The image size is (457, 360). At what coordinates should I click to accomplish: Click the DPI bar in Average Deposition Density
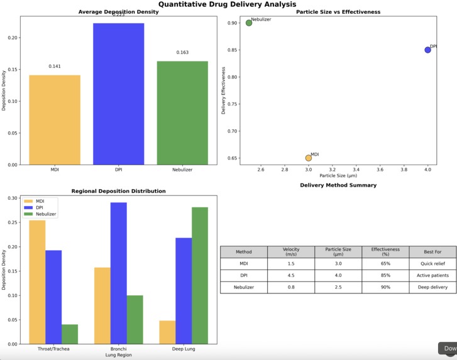[119, 94]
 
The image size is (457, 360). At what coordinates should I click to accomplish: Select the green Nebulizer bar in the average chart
[182, 113]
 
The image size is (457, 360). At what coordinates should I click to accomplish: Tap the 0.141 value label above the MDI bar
[55, 66]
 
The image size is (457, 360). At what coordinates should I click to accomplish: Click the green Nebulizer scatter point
[249, 23]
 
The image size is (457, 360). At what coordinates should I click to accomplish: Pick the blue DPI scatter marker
[427, 50]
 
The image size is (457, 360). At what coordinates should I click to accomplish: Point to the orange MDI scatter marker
[308, 158]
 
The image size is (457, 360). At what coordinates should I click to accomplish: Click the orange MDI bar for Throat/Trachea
[37, 282]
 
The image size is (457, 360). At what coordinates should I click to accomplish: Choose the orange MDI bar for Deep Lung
[167, 332]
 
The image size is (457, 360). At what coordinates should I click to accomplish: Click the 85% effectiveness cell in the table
[385, 276]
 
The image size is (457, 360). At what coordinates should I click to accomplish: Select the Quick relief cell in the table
[433, 264]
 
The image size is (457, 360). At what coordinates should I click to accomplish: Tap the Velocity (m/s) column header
[291, 252]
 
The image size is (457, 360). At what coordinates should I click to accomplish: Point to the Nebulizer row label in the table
[243, 287]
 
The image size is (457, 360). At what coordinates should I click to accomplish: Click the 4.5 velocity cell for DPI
[291, 276]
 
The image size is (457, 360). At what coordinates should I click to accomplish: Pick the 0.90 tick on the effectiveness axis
[233, 23]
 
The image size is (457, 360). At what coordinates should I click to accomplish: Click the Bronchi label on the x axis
[118, 348]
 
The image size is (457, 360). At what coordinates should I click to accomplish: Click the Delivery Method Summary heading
[338, 185]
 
